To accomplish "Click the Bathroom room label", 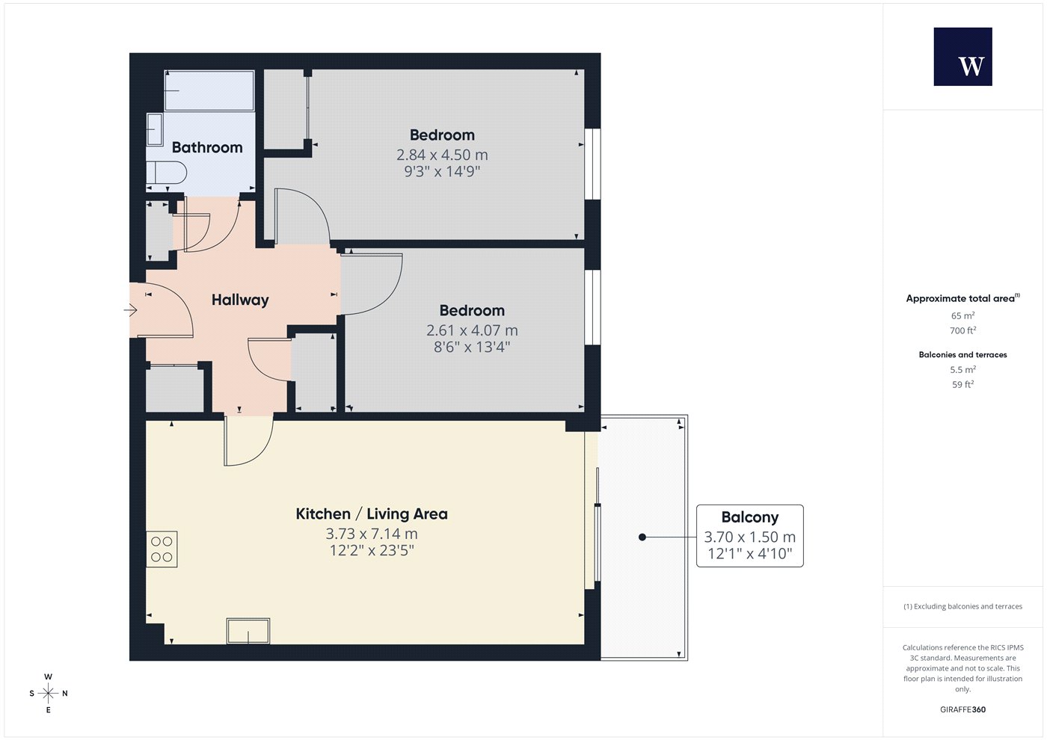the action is [207, 148].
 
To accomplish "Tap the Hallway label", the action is [240, 300].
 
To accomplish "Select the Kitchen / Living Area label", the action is [372, 514].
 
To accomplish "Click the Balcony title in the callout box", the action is [749, 517].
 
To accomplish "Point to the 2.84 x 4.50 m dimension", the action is [442, 155].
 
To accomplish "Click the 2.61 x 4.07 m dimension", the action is [472, 330].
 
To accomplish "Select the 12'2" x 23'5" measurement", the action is [372, 550].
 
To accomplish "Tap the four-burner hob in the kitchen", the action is [162, 549].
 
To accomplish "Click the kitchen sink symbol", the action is [248, 631].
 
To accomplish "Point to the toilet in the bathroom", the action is [166, 173].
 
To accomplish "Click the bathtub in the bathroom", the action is [209, 90].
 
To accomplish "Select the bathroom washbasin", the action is [154, 129].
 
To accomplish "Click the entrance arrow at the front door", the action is [130, 310].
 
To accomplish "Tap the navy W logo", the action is [963, 57].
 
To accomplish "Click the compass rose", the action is [48, 694].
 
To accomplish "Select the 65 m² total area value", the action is [963, 315].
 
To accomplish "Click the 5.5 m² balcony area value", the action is [963, 369].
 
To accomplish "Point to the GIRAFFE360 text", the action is [963, 709].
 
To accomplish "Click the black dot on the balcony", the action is [642, 537].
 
